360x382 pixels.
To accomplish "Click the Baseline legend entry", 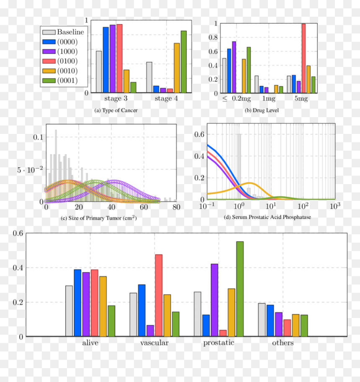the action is point(63,32).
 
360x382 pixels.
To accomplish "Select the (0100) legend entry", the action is point(60,61).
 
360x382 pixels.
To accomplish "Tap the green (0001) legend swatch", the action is point(49,80).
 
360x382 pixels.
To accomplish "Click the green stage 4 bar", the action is point(183,62).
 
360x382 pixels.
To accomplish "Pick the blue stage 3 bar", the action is point(106,60).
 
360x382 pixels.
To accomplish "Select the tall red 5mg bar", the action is point(303,59).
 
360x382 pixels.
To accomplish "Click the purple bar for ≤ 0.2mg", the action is point(234,67).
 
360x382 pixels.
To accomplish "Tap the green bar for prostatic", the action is point(240,289).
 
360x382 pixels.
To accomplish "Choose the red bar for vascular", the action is point(159,295).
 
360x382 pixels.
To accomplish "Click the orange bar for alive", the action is point(103,306).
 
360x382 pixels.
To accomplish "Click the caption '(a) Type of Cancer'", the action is point(116,110).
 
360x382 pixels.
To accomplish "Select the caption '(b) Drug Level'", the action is point(262,110).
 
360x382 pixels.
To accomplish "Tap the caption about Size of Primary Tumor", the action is point(99,218).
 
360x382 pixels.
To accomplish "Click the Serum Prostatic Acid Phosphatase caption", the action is point(267,217).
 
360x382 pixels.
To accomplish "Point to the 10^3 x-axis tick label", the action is point(335,206).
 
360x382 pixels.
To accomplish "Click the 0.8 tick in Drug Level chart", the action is point(213,38).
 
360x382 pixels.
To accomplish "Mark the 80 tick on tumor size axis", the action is point(176,207).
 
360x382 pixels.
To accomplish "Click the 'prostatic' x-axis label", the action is point(219,343).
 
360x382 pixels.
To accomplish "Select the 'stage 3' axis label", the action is point(116,98).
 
